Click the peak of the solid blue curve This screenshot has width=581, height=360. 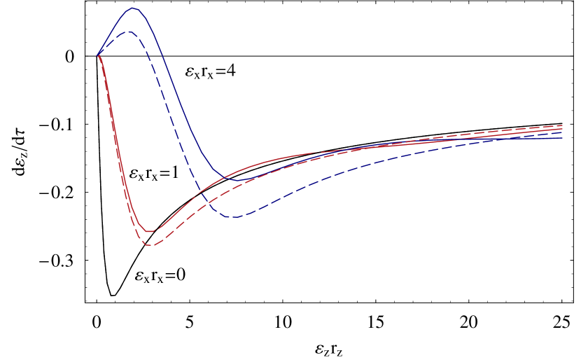(x=132, y=8)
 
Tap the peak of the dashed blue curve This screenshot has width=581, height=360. (x=127, y=32)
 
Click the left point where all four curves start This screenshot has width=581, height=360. (x=98, y=54)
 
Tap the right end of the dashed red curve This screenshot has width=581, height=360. (x=562, y=125)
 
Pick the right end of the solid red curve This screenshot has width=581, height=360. (x=562, y=129)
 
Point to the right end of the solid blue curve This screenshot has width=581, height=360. (x=562, y=137)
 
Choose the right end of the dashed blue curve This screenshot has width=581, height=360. (x=562, y=132)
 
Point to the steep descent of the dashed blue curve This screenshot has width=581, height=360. (x=168, y=112)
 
